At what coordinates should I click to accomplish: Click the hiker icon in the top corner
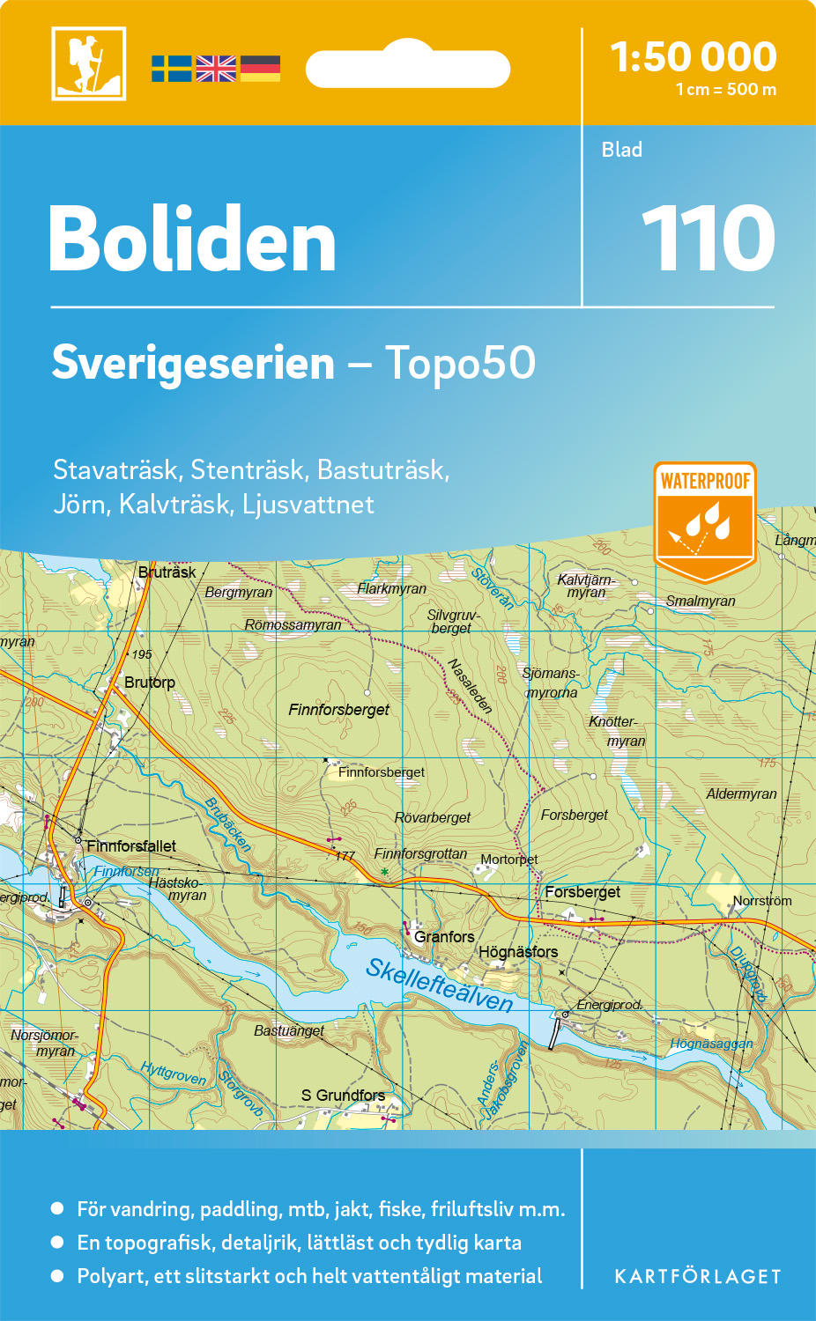(x=88, y=63)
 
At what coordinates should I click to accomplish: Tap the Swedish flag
(x=171, y=69)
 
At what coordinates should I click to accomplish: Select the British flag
(x=216, y=69)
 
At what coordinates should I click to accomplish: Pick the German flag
(x=260, y=69)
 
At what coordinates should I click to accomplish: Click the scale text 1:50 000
(x=694, y=57)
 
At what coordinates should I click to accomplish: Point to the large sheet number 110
(x=708, y=239)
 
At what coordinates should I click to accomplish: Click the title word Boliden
(x=192, y=240)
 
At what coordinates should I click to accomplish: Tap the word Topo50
(x=460, y=363)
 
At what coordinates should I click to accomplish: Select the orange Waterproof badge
(x=705, y=520)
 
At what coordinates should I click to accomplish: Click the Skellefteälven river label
(x=439, y=985)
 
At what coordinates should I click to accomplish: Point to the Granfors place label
(x=444, y=937)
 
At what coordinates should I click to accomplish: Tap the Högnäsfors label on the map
(x=518, y=952)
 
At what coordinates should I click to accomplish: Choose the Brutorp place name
(x=150, y=683)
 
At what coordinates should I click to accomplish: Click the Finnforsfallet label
(x=131, y=846)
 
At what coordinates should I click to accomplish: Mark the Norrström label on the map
(x=762, y=901)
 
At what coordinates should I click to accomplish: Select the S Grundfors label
(x=343, y=1096)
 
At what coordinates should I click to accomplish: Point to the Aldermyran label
(x=741, y=794)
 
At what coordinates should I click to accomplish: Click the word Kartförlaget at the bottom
(x=698, y=1277)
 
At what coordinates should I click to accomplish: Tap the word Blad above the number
(x=622, y=150)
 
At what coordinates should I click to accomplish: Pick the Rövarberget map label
(x=433, y=818)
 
